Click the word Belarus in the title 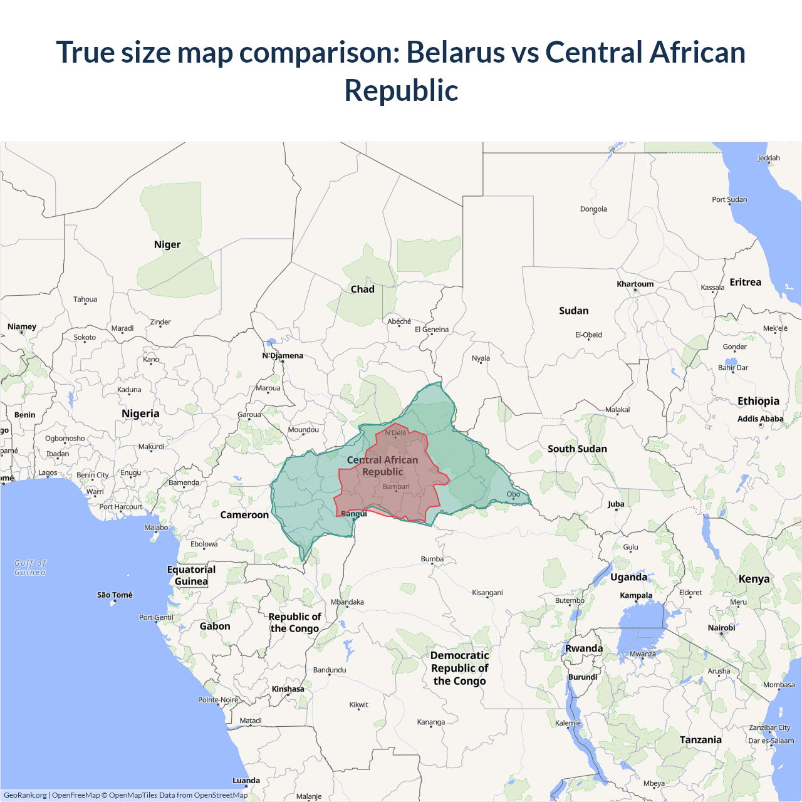[456, 52]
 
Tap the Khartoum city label [635, 284]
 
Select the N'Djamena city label [283, 355]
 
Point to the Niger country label [167, 244]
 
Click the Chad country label [362, 289]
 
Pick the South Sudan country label [577, 449]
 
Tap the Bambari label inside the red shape [396, 486]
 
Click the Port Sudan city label [729, 199]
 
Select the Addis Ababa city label [760, 419]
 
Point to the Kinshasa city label [288, 689]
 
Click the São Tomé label [115, 595]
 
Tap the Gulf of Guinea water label [30, 568]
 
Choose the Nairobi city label [721, 627]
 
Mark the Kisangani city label [487, 592]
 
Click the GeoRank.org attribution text [25, 795]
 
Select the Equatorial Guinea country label [191, 575]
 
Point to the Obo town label [513, 494]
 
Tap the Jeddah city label [769, 158]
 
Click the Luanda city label [246, 780]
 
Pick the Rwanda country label [584, 648]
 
